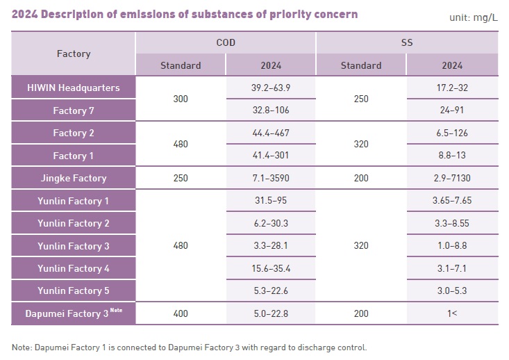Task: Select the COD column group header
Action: [x=226, y=42]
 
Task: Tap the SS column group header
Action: [x=406, y=42]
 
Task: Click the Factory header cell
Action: [x=73, y=54]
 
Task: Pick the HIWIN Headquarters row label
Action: [x=73, y=88]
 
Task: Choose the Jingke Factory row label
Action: [x=73, y=178]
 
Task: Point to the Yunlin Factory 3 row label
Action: [x=73, y=246]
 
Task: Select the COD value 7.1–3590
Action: [x=271, y=178]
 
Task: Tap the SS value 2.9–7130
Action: [x=451, y=178]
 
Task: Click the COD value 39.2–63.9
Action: [x=271, y=88]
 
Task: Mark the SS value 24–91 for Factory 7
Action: [x=451, y=110]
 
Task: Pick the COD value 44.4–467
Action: [x=271, y=133]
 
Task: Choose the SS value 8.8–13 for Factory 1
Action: [x=451, y=156]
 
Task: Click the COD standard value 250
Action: [x=181, y=178]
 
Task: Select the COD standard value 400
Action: [x=181, y=313]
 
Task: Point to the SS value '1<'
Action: [x=451, y=313]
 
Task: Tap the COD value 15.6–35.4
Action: [x=271, y=268]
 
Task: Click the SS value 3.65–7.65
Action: [x=451, y=201]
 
